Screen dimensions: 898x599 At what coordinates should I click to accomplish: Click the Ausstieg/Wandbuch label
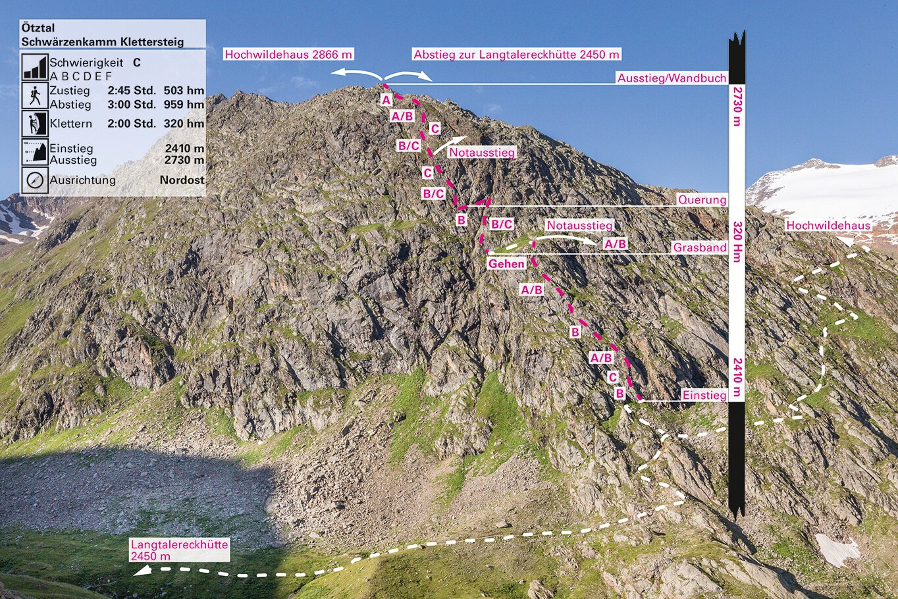point(672,78)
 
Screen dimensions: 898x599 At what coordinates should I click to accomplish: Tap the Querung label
point(702,199)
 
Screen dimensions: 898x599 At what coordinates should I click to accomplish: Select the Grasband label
point(700,247)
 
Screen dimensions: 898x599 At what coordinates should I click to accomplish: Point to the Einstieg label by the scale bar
point(704,395)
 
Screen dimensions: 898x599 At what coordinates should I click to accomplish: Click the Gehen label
point(506,263)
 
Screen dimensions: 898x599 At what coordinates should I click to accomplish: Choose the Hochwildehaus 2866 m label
point(288,54)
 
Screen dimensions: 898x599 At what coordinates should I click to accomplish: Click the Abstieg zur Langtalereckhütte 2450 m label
point(516,54)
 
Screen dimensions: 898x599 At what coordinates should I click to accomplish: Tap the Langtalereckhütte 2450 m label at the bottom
point(179,550)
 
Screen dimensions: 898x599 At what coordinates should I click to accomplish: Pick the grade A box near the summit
point(386,100)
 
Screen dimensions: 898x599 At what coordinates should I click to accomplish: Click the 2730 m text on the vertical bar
point(737,107)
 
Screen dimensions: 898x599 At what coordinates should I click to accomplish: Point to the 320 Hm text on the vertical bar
point(737,242)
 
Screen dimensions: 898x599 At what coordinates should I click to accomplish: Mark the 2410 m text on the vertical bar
point(737,377)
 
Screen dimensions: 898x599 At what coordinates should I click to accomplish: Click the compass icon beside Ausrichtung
point(35,180)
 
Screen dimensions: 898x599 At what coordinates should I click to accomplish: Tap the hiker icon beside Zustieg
point(35,96)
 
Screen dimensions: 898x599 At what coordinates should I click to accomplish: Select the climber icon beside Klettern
point(35,124)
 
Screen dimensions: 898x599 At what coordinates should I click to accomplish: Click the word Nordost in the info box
point(182,180)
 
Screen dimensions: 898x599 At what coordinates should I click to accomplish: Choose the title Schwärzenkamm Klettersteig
point(103,41)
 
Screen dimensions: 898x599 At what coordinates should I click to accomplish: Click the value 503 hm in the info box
point(184,91)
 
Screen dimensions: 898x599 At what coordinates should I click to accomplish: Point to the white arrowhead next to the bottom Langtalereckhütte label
point(142,570)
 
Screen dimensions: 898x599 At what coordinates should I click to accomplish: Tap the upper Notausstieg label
point(481,152)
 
